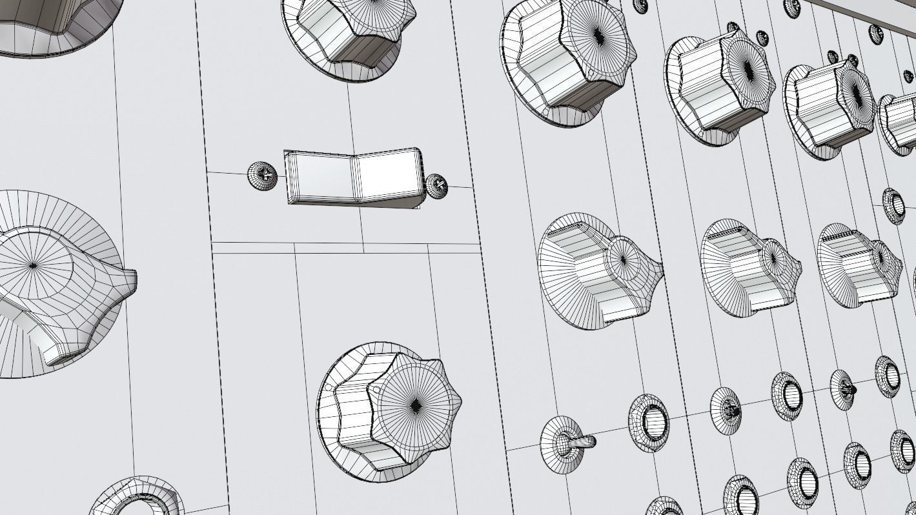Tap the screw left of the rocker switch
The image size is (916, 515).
click(262, 175)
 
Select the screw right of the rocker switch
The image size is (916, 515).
click(437, 186)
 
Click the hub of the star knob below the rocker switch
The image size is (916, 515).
click(416, 405)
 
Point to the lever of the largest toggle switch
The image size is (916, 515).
click(585, 442)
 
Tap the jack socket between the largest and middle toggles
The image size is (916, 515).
click(649, 422)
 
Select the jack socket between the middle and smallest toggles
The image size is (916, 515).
click(786, 395)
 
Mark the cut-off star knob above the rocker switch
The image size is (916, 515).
click(349, 32)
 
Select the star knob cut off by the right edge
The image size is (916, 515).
click(899, 123)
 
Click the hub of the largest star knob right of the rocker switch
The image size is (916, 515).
click(598, 36)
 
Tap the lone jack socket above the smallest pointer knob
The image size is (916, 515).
click(894, 205)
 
